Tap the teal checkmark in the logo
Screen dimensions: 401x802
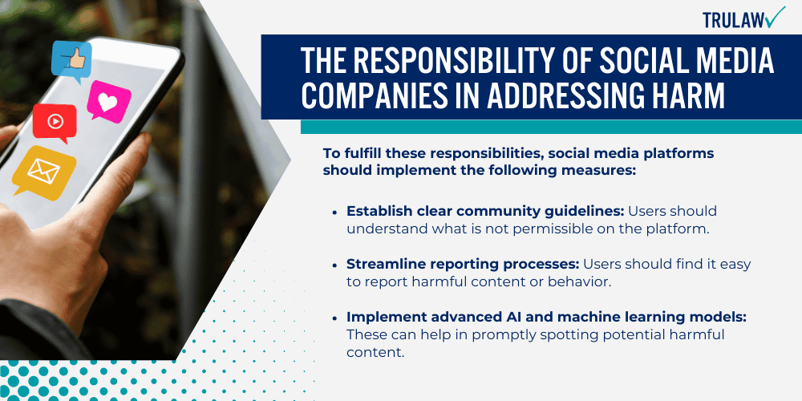(x=775, y=17)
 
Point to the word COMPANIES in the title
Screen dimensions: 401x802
(x=376, y=97)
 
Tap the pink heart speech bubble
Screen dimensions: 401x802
(x=108, y=100)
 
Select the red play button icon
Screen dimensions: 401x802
(x=55, y=123)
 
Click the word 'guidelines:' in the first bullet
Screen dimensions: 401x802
(x=585, y=212)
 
